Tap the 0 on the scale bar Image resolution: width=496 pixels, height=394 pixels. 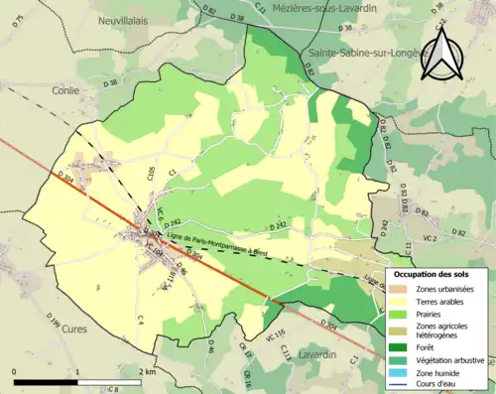coord(15,372)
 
